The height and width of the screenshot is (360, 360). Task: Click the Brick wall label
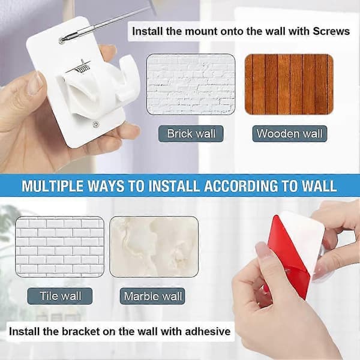[x=191, y=134]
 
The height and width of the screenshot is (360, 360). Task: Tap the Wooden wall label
[x=290, y=134]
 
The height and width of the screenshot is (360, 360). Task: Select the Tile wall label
[x=60, y=296]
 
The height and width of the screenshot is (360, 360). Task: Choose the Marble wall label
[x=152, y=296]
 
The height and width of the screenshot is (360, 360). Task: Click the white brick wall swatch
[x=191, y=84]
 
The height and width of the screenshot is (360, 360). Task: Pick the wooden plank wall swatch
[x=289, y=84]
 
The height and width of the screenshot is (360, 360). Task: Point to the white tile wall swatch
[x=59, y=247]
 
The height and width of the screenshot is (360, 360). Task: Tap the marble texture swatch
[x=154, y=247]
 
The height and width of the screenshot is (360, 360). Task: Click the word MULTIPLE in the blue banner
[x=52, y=186]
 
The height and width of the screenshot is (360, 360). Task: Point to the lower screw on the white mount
[x=95, y=124]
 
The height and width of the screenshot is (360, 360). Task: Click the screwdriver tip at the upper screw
[x=62, y=40]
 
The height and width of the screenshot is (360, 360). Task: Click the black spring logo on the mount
[x=79, y=66]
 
